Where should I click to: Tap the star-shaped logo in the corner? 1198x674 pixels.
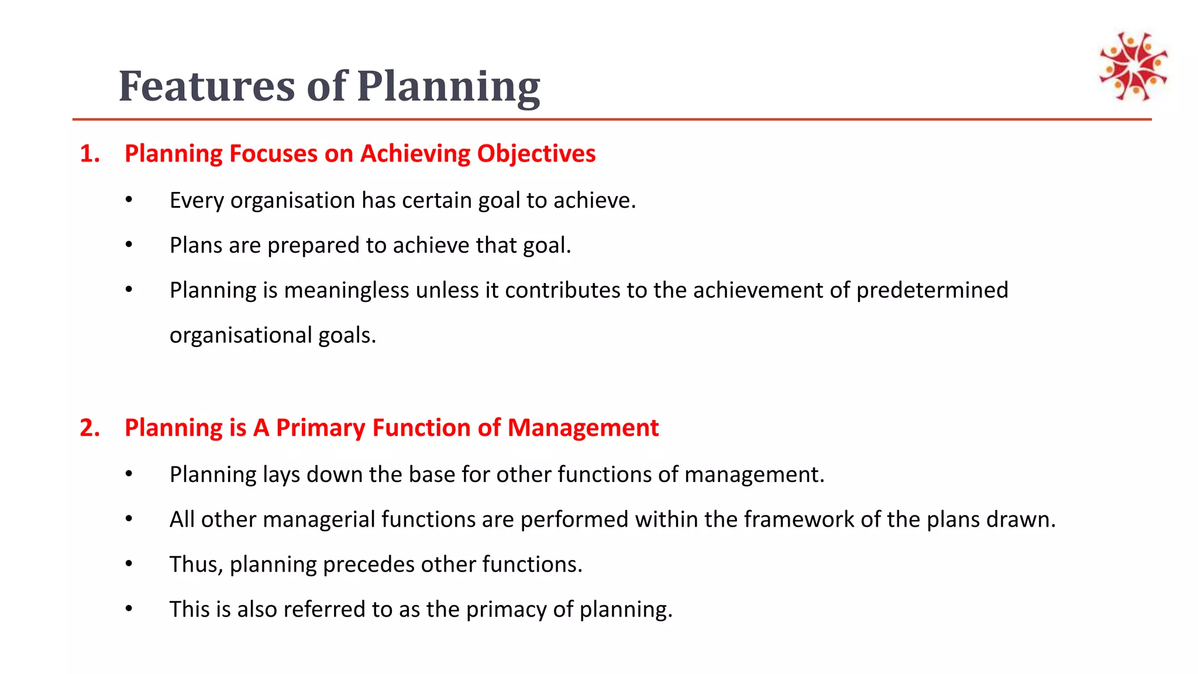[1133, 66]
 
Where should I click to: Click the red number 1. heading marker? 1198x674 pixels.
[89, 154]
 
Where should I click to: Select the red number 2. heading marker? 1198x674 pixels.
[89, 428]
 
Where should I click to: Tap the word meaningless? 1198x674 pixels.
[346, 290]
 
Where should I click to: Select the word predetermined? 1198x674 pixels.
[932, 290]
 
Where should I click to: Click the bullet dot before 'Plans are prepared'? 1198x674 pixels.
[129, 245]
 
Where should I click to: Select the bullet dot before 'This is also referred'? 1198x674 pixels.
[129, 609]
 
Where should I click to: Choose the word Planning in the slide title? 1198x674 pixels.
[448, 87]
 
